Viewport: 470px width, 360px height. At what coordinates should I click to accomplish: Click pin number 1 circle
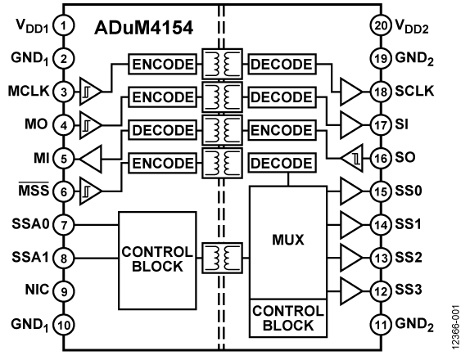tap(64, 25)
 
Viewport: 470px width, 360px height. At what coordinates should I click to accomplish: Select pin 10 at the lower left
tap(64, 326)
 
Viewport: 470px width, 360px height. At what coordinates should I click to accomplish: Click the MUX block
tap(287, 241)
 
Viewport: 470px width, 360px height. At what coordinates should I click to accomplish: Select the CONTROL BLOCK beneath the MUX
tap(282, 318)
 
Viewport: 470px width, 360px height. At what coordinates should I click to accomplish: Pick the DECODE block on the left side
tap(162, 130)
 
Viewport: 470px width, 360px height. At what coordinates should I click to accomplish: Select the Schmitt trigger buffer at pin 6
tap(90, 193)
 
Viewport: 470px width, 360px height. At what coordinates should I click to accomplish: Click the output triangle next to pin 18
tap(351, 92)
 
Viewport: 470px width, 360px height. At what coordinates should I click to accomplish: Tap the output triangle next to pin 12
tap(351, 290)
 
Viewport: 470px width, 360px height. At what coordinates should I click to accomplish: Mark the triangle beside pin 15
tap(351, 192)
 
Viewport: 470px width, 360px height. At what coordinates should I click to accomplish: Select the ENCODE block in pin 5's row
tap(162, 163)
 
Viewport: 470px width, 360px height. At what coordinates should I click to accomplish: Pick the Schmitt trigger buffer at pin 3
tap(90, 92)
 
